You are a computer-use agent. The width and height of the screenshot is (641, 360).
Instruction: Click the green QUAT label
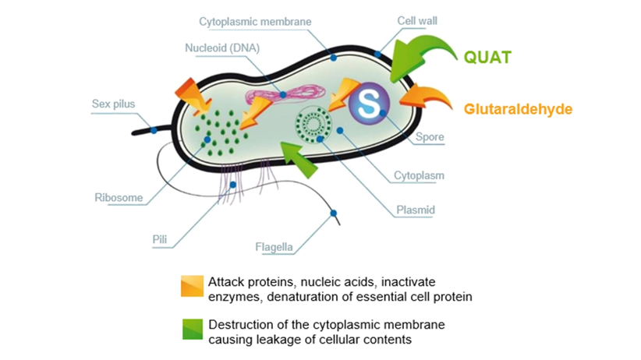click(x=488, y=57)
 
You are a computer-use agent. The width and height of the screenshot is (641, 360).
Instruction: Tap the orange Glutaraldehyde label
click(x=518, y=109)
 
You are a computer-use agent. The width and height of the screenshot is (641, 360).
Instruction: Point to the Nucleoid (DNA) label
click(x=222, y=48)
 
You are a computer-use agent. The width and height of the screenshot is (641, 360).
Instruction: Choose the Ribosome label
click(x=119, y=198)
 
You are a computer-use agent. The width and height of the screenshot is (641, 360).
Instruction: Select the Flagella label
click(x=274, y=248)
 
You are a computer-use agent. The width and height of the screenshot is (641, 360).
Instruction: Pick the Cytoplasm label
click(x=420, y=175)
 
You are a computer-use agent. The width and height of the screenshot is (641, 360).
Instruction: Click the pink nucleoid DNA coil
click(x=281, y=97)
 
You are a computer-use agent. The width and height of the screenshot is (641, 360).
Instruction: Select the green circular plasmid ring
click(x=316, y=125)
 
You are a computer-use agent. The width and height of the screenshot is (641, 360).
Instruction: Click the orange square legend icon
click(x=192, y=286)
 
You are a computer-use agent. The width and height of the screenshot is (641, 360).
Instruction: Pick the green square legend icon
click(x=192, y=330)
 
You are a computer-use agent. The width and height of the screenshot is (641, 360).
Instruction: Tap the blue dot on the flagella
click(x=334, y=213)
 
